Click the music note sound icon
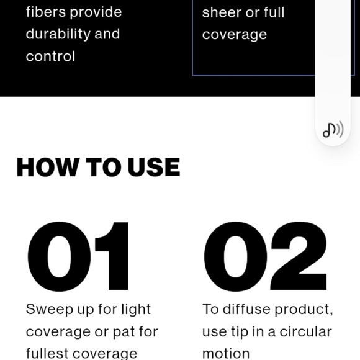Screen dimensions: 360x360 [x=333, y=130]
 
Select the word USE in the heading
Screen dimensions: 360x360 [x=154, y=167]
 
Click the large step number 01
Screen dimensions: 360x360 [x=78, y=256]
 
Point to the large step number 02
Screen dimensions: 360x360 [x=266, y=256]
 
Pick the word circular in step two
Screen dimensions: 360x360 [x=305, y=331]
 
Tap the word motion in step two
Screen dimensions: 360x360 [x=226, y=354]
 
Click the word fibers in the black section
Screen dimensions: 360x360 [x=46, y=12]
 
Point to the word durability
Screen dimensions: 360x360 [x=58, y=34]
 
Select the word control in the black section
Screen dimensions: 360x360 [x=50, y=56]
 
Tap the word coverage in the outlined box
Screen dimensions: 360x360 [x=235, y=35]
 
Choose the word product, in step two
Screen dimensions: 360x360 [x=304, y=310]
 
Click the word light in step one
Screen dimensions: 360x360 [x=136, y=309]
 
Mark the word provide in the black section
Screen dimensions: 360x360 [x=96, y=12]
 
